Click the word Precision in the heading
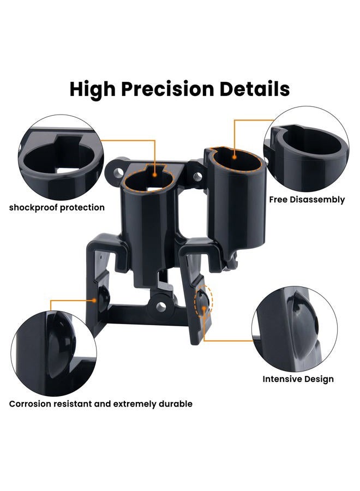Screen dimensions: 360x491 pos(167,89)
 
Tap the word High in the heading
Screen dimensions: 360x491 pos(93,89)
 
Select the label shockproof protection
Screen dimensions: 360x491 pos(57,208)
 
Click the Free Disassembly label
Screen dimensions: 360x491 pos(307,200)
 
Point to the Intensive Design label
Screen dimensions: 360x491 pos(298,379)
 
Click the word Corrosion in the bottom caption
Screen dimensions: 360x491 pos(30,404)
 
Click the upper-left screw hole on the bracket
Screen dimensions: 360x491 pos(118,172)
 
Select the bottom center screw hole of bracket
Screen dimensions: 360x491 pos(161,306)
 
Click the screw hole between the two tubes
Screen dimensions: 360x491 pos(197,176)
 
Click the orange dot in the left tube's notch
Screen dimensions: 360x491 pos(155,175)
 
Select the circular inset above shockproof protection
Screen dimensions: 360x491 pos(61,157)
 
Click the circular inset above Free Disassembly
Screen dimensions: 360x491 pos(306,149)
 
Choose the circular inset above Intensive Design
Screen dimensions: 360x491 pos(295,329)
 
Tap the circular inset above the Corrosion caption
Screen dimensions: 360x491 pos(54,354)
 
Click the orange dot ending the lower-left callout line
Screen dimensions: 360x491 pos(94,300)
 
